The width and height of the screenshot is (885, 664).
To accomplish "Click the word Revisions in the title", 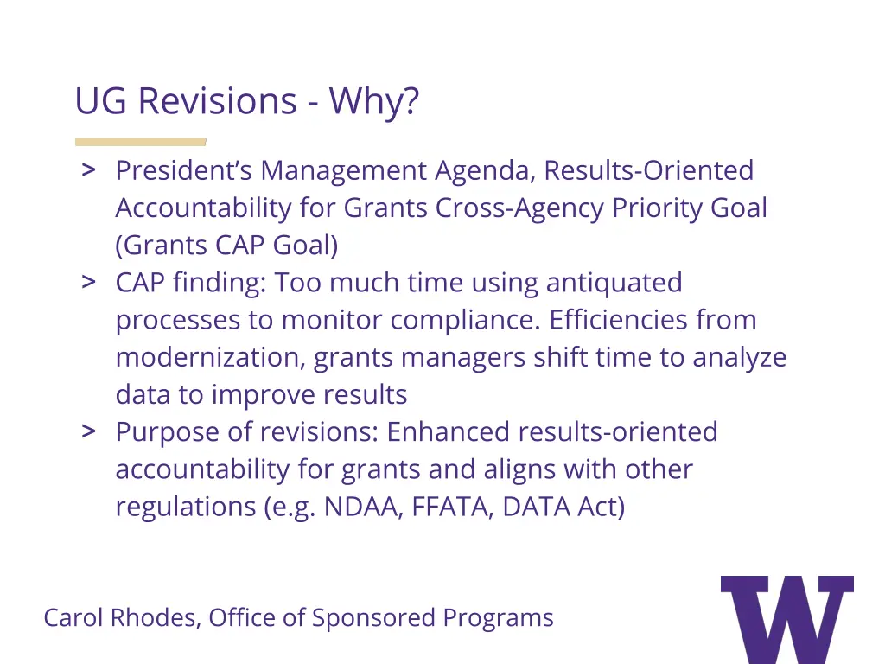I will click(217, 101).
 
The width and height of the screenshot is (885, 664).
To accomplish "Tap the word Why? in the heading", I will click(373, 101).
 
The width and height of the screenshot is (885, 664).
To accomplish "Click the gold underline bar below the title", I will click(140, 142).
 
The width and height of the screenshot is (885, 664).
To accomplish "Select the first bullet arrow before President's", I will click(88, 169).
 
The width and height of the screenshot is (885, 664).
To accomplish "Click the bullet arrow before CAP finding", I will click(88, 282).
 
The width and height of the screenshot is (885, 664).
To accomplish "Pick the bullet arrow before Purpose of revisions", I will click(88, 431).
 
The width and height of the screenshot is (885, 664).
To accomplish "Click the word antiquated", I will click(614, 283).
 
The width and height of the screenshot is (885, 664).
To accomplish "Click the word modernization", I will click(210, 357).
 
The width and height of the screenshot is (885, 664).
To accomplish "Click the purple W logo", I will click(786, 617).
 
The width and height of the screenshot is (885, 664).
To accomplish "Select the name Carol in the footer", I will click(73, 617).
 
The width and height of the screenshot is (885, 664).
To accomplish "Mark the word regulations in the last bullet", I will click(187, 506).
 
